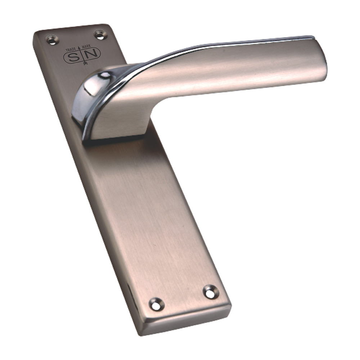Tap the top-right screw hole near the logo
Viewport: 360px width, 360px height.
[x=100, y=35]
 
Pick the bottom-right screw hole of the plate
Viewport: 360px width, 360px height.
[x=210, y=292]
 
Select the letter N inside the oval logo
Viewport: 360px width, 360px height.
[x=93, y=54]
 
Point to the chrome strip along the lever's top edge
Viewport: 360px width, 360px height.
[x=216, y=44]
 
